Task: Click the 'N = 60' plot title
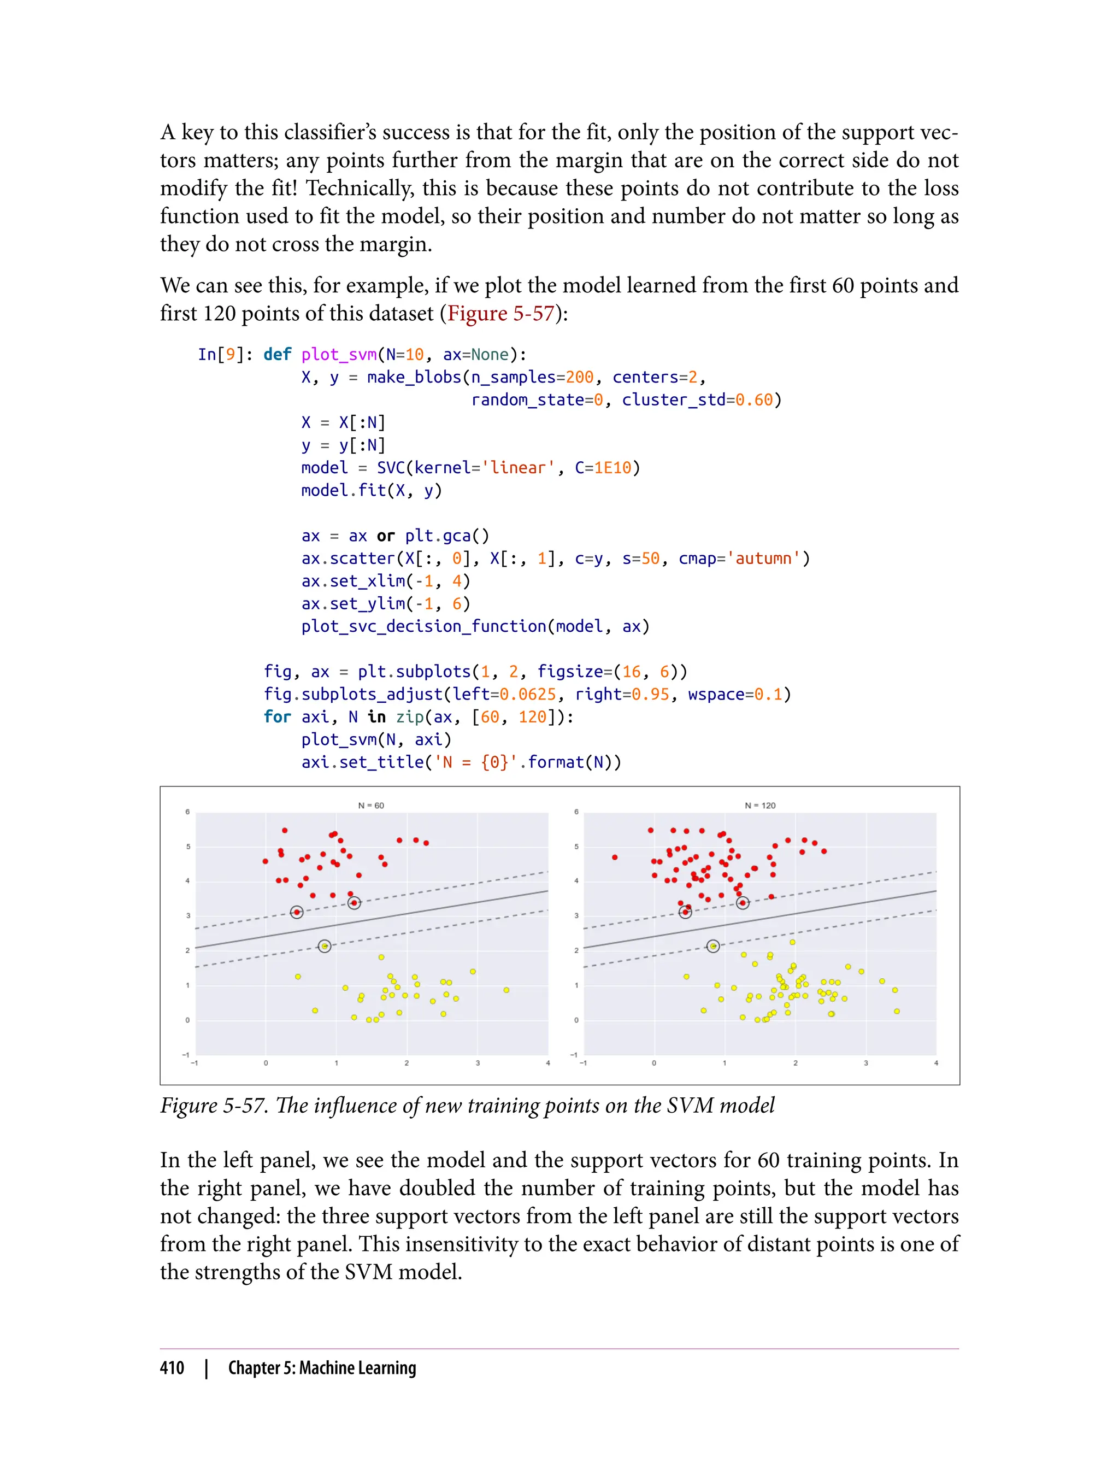pyautogui.click(x=371, y=806)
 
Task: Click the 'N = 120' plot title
pyautogui.click(x=760, y=806)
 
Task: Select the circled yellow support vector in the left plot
pyautogui.click(x=325, y=946)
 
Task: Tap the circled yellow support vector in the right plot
pyautogui.click(x=712, y=946)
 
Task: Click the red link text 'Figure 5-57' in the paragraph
pyautogui.click(x=501, y=313)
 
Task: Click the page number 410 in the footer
pyautogui.click(x=172, y=1368)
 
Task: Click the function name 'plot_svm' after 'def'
pyautogui.click(x=339, y=355)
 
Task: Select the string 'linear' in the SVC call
pyautogui.click(x=517, y=468)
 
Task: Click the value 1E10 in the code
pyautogui.click(x=612, y=468)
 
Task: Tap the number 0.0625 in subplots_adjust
pyautogui.click(x=527, y=694)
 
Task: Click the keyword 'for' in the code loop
pyautogui.click(x=277, y=717)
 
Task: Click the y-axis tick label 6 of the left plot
pyautogui.click(x=188, y=812)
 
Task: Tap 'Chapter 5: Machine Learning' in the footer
pyautogui.click(x=322, y=1368)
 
